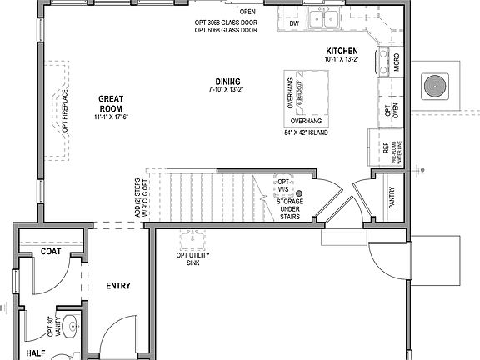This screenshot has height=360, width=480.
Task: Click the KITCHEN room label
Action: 342,52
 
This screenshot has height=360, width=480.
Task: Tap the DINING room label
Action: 227,81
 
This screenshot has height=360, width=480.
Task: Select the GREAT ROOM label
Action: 111,102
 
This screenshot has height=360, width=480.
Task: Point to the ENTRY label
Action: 118,286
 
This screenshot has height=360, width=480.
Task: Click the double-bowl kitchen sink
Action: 322,17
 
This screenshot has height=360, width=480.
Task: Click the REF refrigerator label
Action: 385,150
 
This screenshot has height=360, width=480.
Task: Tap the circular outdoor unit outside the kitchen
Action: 434,84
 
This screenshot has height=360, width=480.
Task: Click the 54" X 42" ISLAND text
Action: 305,132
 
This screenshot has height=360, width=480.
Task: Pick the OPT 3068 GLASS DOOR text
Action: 225,22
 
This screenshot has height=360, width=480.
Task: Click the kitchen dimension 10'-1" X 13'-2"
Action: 342,60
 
